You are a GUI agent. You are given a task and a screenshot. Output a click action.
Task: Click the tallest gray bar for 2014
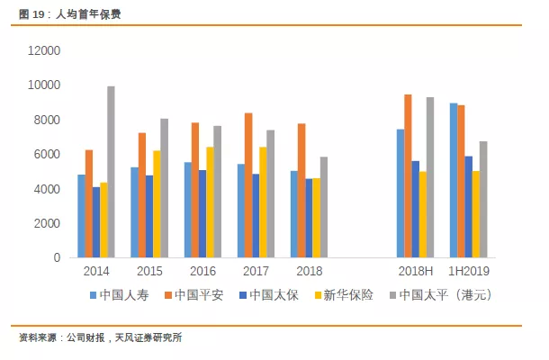111,172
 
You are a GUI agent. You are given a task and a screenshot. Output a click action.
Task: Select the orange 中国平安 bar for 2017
247,185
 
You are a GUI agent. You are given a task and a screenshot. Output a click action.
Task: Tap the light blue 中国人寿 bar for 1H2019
454,180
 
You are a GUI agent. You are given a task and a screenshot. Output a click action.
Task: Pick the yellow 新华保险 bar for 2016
210,202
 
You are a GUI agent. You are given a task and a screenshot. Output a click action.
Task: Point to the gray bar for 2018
323,207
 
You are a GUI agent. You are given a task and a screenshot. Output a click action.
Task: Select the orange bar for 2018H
408,176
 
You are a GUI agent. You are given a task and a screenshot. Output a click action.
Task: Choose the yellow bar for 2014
103,220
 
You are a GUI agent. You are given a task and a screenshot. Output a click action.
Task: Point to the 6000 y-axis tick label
46,155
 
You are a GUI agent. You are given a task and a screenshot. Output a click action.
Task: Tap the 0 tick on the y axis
56,258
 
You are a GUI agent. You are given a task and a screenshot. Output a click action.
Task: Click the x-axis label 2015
149,271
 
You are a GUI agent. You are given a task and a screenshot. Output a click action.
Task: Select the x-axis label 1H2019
468,271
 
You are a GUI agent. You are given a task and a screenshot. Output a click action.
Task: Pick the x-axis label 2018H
415,271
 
